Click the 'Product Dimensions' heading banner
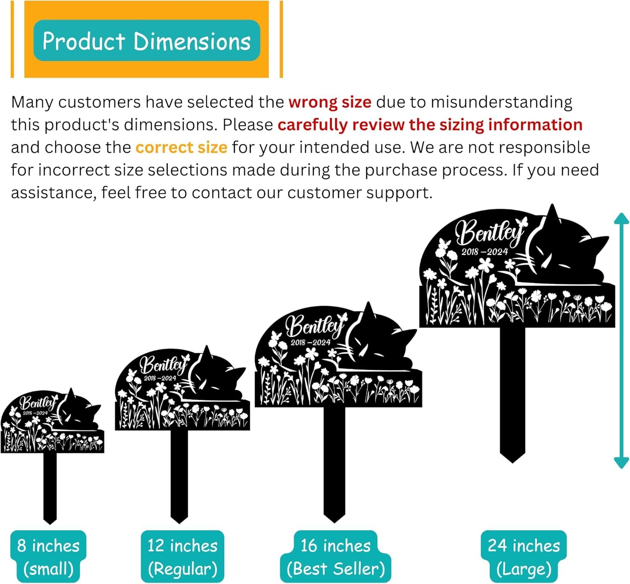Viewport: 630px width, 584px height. [x=147, y=41]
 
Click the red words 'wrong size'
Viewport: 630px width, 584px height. [x=330, y=102]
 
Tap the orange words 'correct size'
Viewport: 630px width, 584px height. [x=181, y=148]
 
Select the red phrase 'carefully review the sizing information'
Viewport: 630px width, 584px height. [x=430, y=125]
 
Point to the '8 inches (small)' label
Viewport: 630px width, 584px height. [x=48, y=557]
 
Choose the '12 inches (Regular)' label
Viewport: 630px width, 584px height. [x=182, y=557]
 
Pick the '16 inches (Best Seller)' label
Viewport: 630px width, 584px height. [x=336, y=557]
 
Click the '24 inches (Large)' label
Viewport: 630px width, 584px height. [x=524, y=557]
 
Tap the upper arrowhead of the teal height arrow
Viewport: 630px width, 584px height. [x=621, y=219]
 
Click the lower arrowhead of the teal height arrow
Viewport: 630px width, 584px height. [x=621, y=462]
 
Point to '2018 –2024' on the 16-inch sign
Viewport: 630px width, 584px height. [x=310, y=343]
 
